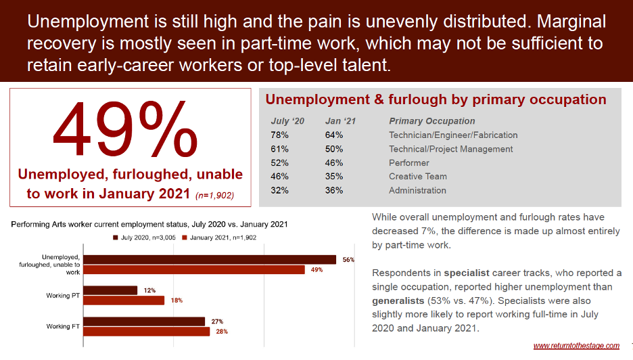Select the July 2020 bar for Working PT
[x=112, y=290]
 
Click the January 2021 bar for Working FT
[x=149, y=332]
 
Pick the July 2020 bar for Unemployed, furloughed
[x=212, y=259]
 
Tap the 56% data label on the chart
[x=348, y=260]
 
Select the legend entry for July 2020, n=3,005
[x=143, y=238]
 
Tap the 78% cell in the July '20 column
[x=280, y=135]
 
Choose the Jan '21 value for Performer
[x=334, y=163]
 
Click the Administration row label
[x=417, y=190]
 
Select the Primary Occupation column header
[x=431, y=121]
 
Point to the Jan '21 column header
[x=340, y=121]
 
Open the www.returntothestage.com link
[x=576, y=346]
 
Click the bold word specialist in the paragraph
[x=467, y=273]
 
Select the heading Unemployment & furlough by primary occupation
[x=436, y=99]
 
